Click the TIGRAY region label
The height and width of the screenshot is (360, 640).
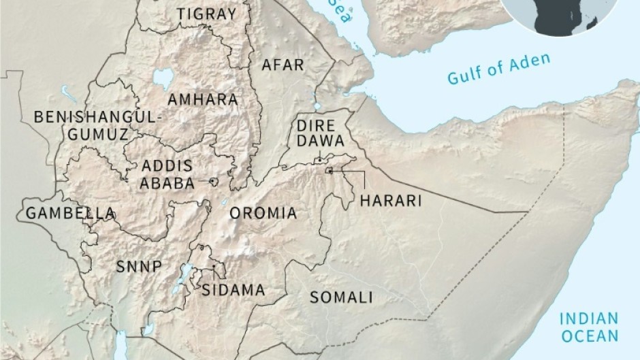tap(206, 14)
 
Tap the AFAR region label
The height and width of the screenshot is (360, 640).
tap(284, 65)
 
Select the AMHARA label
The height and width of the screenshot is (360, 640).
tap(203, 99)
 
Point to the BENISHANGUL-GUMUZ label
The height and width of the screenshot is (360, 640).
tap(98, 125)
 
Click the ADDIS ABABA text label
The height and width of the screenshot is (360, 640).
tap(167, 174)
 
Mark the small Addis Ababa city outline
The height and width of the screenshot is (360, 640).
tap(214, 182)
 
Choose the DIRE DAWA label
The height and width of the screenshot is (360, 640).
tap(319, 133)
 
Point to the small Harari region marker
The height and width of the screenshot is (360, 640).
tap(330, 171)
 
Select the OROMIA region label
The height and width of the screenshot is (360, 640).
tap(263, 214)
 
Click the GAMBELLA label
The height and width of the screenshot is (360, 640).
tap(70, 214)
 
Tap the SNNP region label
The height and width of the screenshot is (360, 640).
tap(139, 267)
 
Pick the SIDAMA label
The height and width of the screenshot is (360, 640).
tap(233, 291)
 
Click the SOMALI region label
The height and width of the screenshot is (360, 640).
tap(341, 297)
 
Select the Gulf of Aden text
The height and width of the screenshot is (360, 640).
tap(498, 70)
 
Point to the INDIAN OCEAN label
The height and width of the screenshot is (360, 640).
tap(588, 327)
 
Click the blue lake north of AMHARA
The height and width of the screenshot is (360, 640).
tap(162, 80)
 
